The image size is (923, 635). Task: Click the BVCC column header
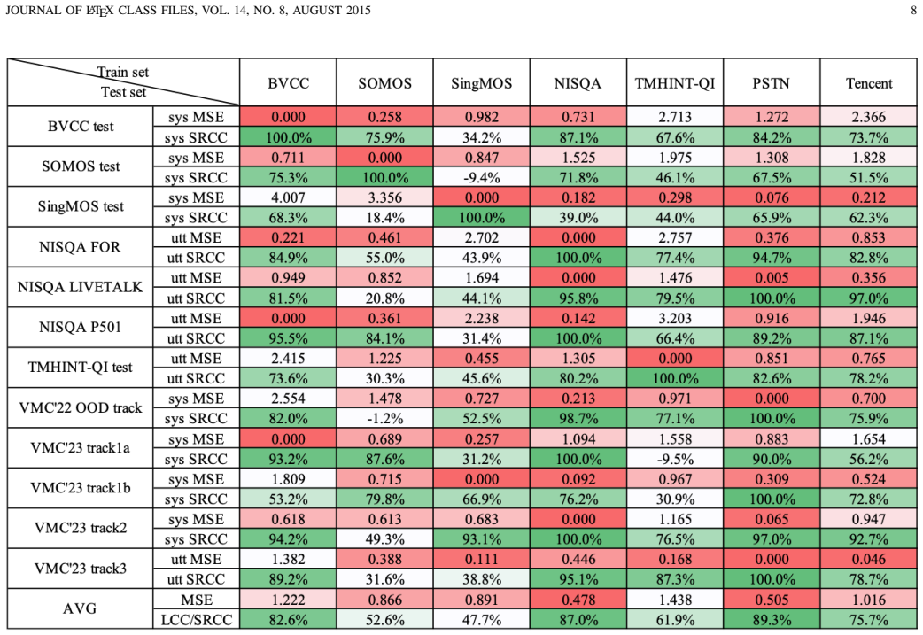pyautogui.click(x=288, y=83)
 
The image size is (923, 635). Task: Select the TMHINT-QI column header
pyautogui.click(x=675, y=83)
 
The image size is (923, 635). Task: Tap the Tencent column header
pyautogui.click(x=869, y=83)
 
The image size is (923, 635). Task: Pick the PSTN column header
pyautogui.click(x=772, y=83)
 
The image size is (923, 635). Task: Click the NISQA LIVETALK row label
pyautogui.click(x=80, y=287)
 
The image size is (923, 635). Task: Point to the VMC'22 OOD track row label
pyautogui.click(x=80, y=408)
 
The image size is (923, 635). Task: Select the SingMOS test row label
pyautogui.click(x=81, y=206)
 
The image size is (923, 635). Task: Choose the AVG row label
pyautogui.click(x=80, y=608)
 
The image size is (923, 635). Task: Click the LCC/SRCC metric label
pyautogui.click(x=197, y=620)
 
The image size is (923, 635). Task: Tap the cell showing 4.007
pyautogui.click(x=288, y=197)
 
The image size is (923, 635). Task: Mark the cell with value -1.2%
pyautogui.click(x=385, y=418)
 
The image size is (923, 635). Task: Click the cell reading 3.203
pyautogui.click(x=675, y=318)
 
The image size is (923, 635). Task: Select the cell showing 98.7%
pyautogui.click(x=578, y=418)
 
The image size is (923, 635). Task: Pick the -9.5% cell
pyautogui.click(x=675, y=459)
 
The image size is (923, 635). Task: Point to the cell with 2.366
pyautogui.click(x=869, y=117)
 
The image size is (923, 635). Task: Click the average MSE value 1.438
pyautogui.click(x=675, y=600)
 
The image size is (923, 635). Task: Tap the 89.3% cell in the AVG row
pyautogui.click(x=772, y=620)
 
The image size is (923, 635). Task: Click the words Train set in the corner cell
pyautogui.click(x=122, y=72)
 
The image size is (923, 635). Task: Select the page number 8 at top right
pyautogui.click(x=913, y=10)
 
